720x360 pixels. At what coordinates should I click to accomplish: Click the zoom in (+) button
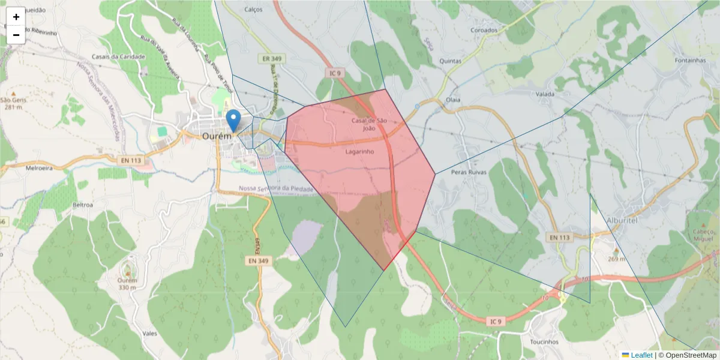[x=16, y=17]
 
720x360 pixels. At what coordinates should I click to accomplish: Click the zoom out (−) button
[x=16, y=35]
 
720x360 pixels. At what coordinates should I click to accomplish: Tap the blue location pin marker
[x=234, y=121]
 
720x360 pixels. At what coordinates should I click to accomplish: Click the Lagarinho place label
[x=359, y=152]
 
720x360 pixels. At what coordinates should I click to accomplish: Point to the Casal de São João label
[x=369, y=124]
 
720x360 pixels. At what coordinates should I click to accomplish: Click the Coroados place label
[x=484, y=30]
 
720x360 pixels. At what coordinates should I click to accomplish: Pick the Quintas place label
[x=451, y=61]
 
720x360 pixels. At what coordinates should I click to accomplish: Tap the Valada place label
[x=545, y=94]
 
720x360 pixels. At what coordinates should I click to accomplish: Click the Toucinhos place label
[x=544, y=342]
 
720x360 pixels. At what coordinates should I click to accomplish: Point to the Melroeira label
[x=40, y=169]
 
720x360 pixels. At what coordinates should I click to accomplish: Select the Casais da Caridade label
[x=118, y=57]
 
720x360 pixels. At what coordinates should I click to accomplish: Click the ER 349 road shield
[x=272, y=59]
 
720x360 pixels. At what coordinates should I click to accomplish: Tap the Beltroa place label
[x=83, y=205]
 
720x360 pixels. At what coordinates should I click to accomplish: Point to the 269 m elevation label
[x=616, y=259]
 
